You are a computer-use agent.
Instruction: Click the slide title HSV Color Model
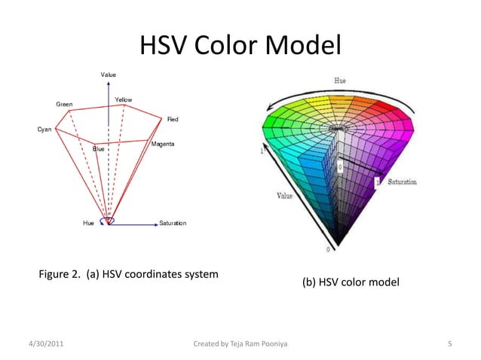240,46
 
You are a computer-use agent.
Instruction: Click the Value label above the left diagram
109,74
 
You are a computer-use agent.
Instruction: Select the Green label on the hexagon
64,104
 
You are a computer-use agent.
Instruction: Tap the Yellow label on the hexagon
124,100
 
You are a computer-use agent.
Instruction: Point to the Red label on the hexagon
173,120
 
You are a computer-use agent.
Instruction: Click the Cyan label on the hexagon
45,130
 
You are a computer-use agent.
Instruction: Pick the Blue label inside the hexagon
98,149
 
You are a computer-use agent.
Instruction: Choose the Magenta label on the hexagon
164,144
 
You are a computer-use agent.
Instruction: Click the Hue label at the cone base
89,224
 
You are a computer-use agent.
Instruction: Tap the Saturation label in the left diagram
173,224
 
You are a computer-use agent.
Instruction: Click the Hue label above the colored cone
340,81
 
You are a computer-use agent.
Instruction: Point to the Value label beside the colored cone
284,197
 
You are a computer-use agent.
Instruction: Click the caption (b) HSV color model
350,282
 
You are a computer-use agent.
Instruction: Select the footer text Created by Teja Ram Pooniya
240,344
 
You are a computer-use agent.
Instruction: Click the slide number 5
449,344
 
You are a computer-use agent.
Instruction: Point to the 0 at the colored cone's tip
328,249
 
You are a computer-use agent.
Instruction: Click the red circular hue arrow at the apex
110,221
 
